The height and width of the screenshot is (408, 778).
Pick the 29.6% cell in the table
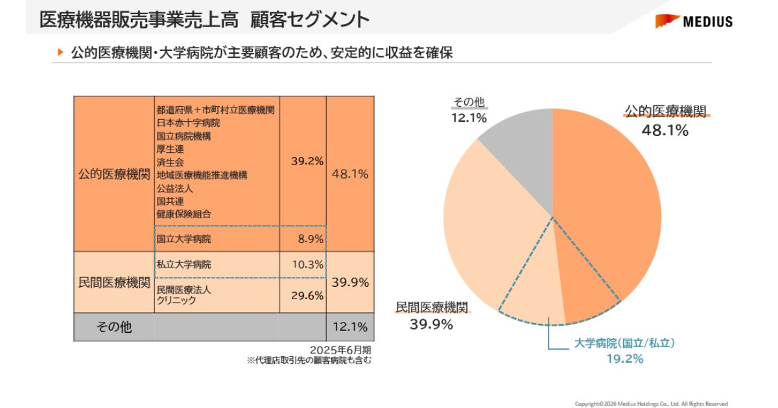[x=307, y=295]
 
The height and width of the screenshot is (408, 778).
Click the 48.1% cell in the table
[x=350, y=174]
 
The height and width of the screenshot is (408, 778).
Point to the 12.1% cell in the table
[x=350, y=326]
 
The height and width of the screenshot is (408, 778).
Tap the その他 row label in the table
[x=114, y=326]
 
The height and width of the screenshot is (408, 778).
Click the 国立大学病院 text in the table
[x=184, y=239]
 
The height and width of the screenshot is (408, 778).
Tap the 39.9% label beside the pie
[x=431, y=324]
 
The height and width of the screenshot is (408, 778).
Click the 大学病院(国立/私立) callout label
[x=624, y=344]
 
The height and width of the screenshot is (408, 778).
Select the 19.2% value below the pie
[x=624, y=359]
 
